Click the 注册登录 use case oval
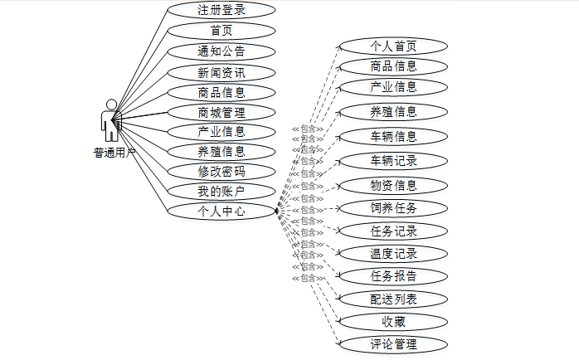tap(221, 11)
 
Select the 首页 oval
tap(221, 31)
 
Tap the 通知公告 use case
tap(221, 51)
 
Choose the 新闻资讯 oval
tap(221, 72)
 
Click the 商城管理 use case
tap(221, 112)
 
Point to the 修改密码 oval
tap(221, 172)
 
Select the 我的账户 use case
tap(221, 192)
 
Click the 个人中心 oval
tap(221, 212)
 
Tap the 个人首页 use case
tap(393, 46)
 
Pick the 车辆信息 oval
tap(393, 136)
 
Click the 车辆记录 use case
tap(393, 160)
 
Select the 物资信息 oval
tap(393, 185)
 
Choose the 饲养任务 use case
tap(393, 207)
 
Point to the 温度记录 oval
tap(393, 254)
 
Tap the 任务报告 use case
tap(393, 276)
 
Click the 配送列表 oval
tap(393, 299)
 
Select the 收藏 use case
tap(393, 321)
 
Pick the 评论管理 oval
tap(393, 343)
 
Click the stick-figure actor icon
tap(110, 121)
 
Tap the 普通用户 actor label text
tap(114, 153)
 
